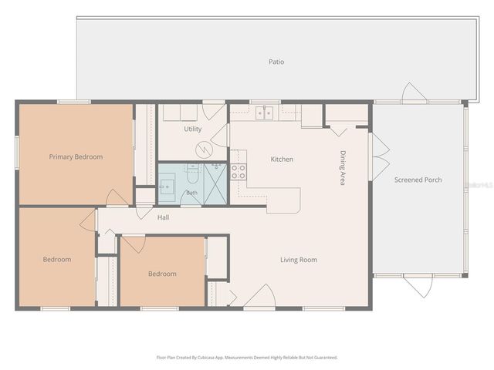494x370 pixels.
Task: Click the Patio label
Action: click(x=276, y=62)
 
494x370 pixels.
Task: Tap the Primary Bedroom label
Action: click(x=76, y=156)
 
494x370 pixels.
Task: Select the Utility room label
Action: click(x=192, y=129)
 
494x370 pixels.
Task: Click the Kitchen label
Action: click(x=282, y=160)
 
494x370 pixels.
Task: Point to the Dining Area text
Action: click(x=343, y=168)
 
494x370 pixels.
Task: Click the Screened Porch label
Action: click(x=418, y=180)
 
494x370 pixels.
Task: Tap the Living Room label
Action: click(x=299, y=260)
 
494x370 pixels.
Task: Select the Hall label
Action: click(x=163, y=217)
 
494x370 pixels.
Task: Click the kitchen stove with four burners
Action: click(x=239, y=172)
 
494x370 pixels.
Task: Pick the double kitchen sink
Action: click(x=264, y=113)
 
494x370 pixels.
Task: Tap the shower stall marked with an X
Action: click(x=215, y=183)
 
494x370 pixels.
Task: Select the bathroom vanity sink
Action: click(x=167, y=187)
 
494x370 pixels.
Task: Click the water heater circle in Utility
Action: click(x=205, y=150)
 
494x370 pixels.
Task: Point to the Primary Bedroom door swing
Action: click(x=117, y=197)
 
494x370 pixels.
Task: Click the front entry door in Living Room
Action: click(x=259, y=295)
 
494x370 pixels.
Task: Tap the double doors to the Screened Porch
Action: click(x=381, y=156)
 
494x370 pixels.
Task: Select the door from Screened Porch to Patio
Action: click(x=414, y=92)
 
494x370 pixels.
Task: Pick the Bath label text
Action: click(x=191, y=193)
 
